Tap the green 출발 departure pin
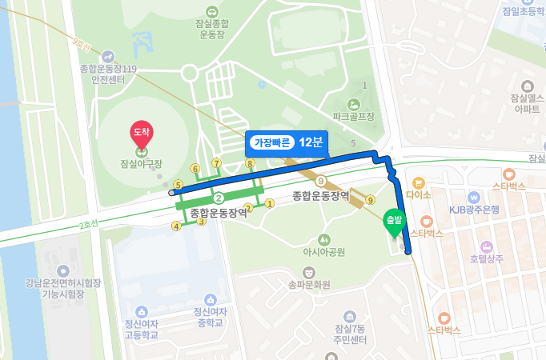[393, 221]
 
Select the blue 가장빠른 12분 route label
[287, 142]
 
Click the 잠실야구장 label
[142, 164]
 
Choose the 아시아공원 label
[323, 252]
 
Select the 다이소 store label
[419, 193]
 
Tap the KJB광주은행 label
[474, 210]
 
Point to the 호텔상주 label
[487, 258]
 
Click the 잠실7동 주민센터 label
[350, 334]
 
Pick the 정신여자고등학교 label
[141, 329]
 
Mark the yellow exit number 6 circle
[195, 169]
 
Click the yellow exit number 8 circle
[250, 164]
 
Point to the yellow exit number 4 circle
[176, 226]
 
